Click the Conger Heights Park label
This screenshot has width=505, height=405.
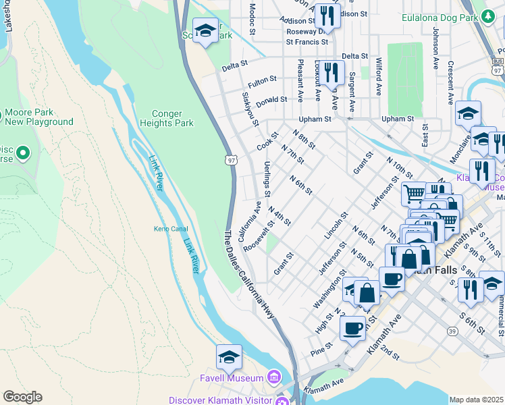[166, 118]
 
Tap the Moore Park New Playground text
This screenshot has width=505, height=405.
[38, 117]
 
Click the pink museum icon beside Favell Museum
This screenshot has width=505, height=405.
[274, 376]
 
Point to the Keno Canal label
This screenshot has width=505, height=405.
[169, 229]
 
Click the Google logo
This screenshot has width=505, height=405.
[22, 397]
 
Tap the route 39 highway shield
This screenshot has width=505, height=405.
[452, 330]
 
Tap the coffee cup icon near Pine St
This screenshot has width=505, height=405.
[352, 329]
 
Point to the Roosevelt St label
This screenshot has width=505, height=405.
[259, 235]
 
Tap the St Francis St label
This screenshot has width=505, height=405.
[307, 42]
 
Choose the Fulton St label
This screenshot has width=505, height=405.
[259, 83]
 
